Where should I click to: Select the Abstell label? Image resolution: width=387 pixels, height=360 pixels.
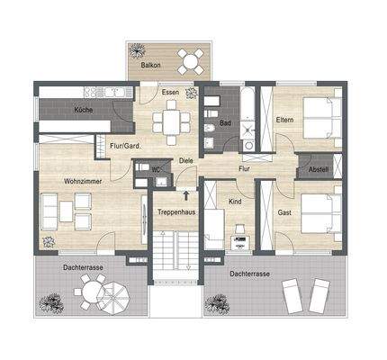coord(319,168)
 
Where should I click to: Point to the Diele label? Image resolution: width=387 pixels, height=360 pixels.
coord(186,161)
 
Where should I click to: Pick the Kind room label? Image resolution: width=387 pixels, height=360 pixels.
coord(235,202)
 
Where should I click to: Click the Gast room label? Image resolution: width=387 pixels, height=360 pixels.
coord(283,212)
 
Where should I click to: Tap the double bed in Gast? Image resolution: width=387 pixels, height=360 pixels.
coord(318,214)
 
